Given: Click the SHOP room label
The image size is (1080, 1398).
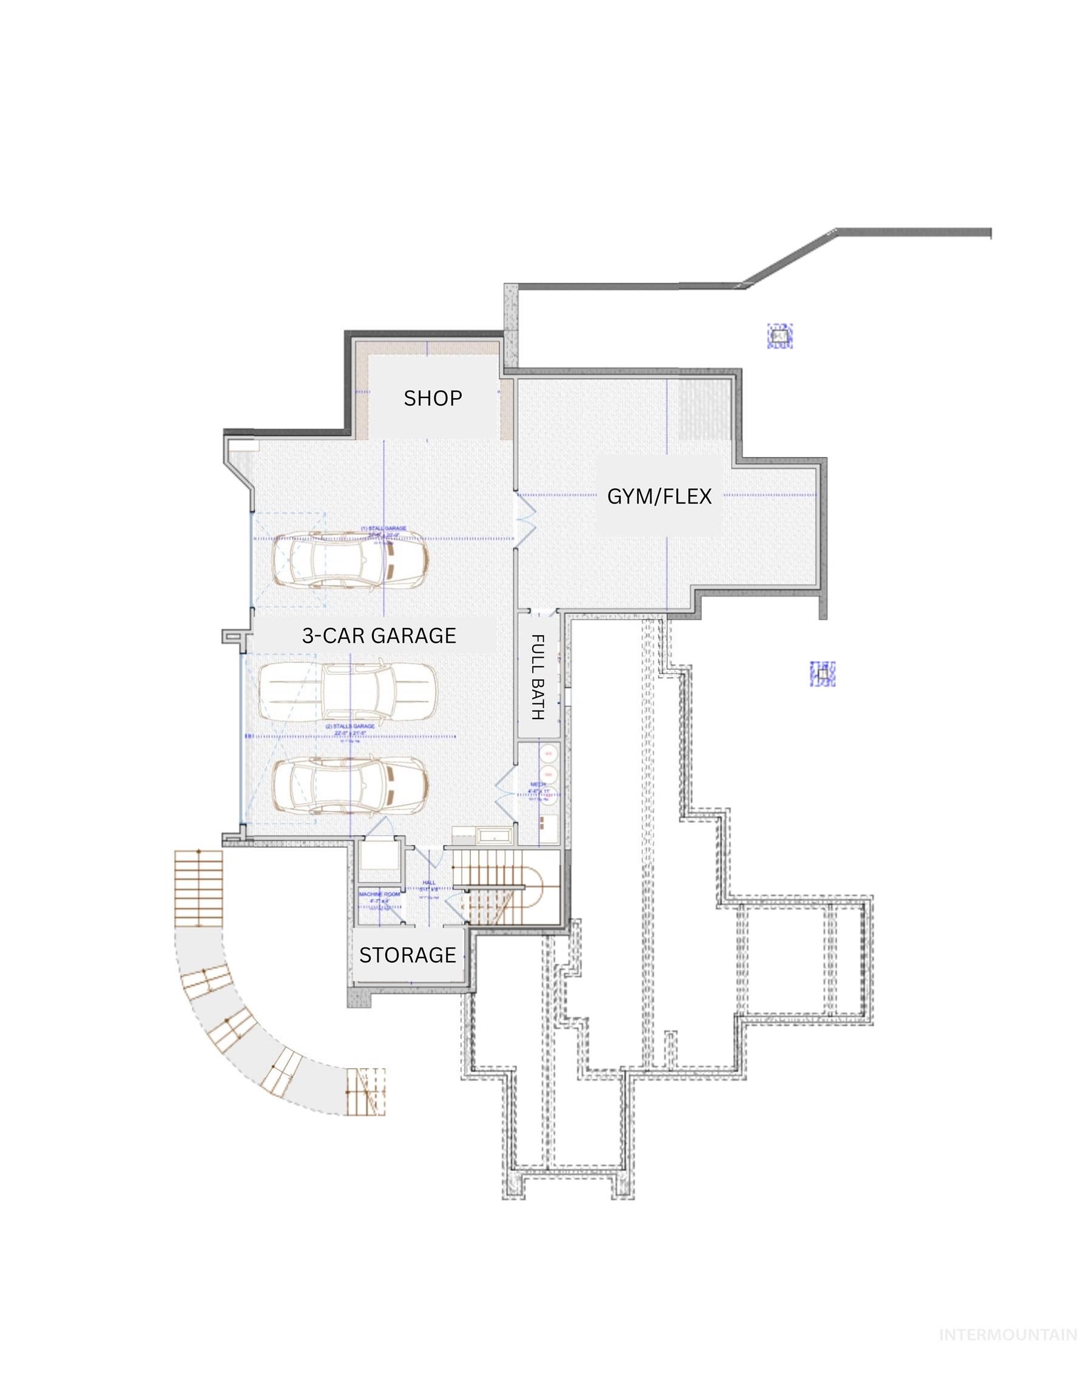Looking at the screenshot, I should tap(433, 398).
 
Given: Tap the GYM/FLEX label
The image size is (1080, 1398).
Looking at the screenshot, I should tap(659, 496).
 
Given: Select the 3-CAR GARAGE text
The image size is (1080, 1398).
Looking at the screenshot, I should tap(379, 635).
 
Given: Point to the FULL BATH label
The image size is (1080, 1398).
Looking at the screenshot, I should tap(538, 677).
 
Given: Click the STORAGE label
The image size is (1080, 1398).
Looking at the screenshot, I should tap(408, 954).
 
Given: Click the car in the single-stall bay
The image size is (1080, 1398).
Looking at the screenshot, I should tap(349, 559).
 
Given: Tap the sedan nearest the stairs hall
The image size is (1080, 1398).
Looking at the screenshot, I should tap(349, 788).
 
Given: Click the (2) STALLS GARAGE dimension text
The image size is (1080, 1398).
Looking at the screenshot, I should tap(350, 727).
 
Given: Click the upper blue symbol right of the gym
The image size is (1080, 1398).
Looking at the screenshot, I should tap(780, 336).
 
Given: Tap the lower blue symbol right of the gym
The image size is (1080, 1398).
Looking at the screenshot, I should tap(823, 674).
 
